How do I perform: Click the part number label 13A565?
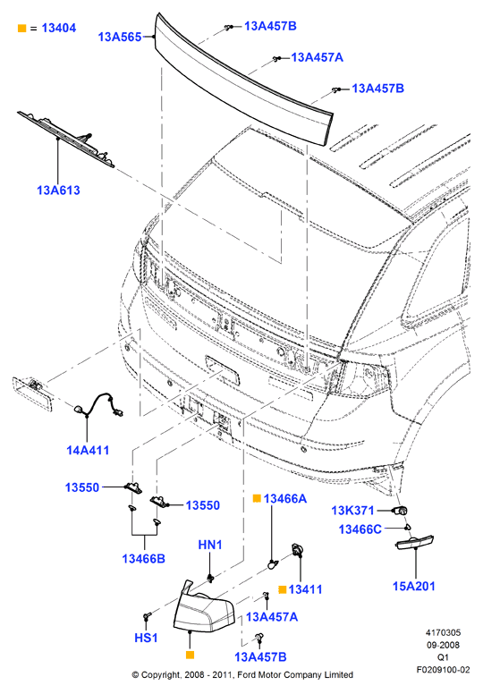[120, 37]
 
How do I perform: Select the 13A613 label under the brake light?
[58, 190]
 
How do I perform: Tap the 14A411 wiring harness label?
[88, 450]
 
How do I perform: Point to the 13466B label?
[143, 559]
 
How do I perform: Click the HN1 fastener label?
[210, 545]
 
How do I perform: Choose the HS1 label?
[146, 638]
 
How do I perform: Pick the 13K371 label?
[352, 511]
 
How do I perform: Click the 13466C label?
[360, 529]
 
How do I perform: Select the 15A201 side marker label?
[414, 586]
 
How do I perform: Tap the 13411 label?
[305, 589]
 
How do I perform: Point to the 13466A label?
[285, 499]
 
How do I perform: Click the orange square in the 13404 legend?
[21, 29]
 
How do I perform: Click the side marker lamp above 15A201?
[414, 543]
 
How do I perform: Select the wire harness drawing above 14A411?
[98, 405]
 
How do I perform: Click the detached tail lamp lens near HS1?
[204, 608]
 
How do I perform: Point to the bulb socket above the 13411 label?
[297, 551]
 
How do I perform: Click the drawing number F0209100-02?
[443, 670]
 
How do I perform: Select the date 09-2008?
[443, 646]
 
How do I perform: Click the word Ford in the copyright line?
[248, 675]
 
